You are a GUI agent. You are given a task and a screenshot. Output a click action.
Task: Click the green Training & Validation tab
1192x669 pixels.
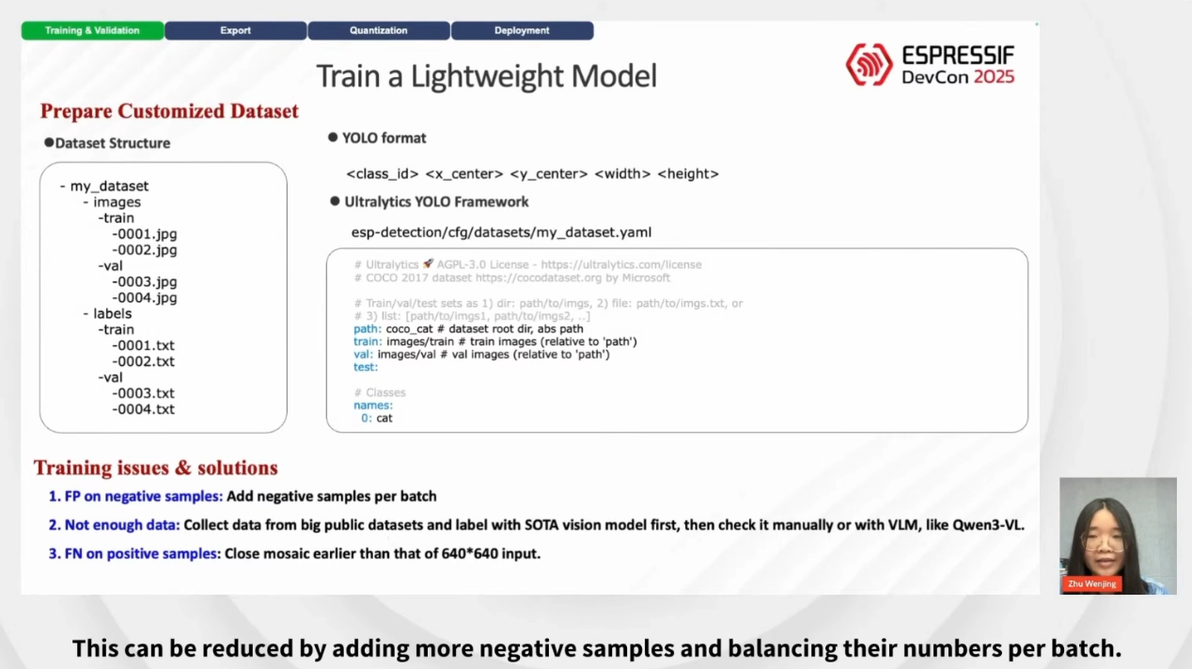point(92,30)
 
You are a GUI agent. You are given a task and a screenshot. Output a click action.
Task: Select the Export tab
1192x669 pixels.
point(235,30)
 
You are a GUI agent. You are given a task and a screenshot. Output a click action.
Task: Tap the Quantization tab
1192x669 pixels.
point(378,30)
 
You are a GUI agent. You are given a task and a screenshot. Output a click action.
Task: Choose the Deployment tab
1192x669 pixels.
point(522,30)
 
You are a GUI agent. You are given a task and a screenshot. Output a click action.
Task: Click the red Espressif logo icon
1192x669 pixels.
point(869,64)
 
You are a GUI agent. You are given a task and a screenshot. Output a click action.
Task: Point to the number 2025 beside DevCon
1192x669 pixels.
point(994,77)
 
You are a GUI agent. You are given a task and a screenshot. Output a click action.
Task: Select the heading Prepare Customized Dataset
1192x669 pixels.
point(169,111)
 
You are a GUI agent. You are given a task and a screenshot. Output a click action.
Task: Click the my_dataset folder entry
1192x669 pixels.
point(109,186)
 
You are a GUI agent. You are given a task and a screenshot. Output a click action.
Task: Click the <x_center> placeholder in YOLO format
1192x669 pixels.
point(464,174)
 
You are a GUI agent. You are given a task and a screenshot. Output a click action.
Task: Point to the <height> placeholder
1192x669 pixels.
point(688,174)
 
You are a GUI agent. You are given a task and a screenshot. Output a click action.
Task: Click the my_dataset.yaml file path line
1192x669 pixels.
point(501,232)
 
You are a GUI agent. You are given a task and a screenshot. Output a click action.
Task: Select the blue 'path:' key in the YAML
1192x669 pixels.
point(368,328)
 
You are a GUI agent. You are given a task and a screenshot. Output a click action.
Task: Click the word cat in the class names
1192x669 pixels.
point(384,418)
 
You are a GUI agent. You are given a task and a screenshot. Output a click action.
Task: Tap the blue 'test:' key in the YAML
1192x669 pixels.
point(366,367)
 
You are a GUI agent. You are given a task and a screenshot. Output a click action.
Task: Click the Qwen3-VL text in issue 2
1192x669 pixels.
point(988,525)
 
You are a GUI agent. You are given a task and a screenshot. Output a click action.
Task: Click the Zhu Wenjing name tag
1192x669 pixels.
point(1092,583)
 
